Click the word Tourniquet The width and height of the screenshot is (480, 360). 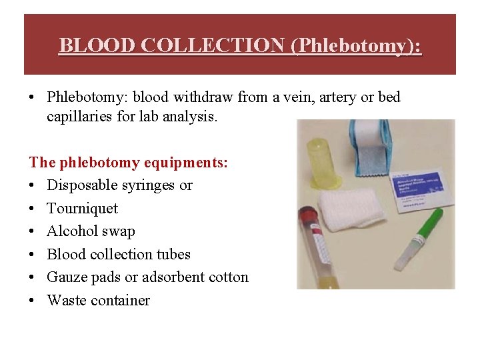(82, 208)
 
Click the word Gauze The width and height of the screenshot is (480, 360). (67, 277)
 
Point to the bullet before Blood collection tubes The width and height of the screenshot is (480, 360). (33, 255)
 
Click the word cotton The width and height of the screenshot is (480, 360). (227, 277)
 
